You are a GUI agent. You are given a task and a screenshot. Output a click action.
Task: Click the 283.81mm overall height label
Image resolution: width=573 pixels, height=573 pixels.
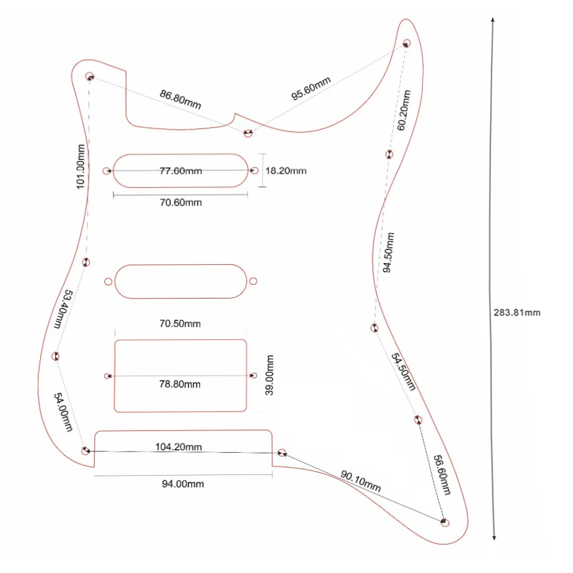[517, 313]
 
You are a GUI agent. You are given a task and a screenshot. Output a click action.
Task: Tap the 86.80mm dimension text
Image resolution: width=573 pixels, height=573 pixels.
[180, 100]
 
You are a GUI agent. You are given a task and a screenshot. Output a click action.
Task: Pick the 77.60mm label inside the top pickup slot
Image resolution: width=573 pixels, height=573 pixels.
[180, 171]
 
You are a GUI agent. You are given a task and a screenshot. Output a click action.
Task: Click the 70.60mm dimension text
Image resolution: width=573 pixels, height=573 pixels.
[180, 203]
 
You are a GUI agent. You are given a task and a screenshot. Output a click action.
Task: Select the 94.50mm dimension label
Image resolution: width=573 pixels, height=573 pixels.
[388, 252]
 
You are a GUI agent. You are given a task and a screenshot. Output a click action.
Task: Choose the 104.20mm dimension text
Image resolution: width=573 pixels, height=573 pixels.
[178, 446]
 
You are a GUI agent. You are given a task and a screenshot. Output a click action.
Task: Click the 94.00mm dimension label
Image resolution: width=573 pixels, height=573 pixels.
[182, 484]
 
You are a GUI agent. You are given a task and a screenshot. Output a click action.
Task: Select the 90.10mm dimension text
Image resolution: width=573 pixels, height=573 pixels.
[360, 481]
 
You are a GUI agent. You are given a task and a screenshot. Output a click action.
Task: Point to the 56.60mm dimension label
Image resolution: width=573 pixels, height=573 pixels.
[441, 475]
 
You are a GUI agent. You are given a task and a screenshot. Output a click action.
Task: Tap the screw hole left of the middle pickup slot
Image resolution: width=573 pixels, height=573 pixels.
[108, 281]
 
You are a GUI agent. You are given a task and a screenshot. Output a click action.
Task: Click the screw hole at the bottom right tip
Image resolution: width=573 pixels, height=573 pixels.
[445, 522]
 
